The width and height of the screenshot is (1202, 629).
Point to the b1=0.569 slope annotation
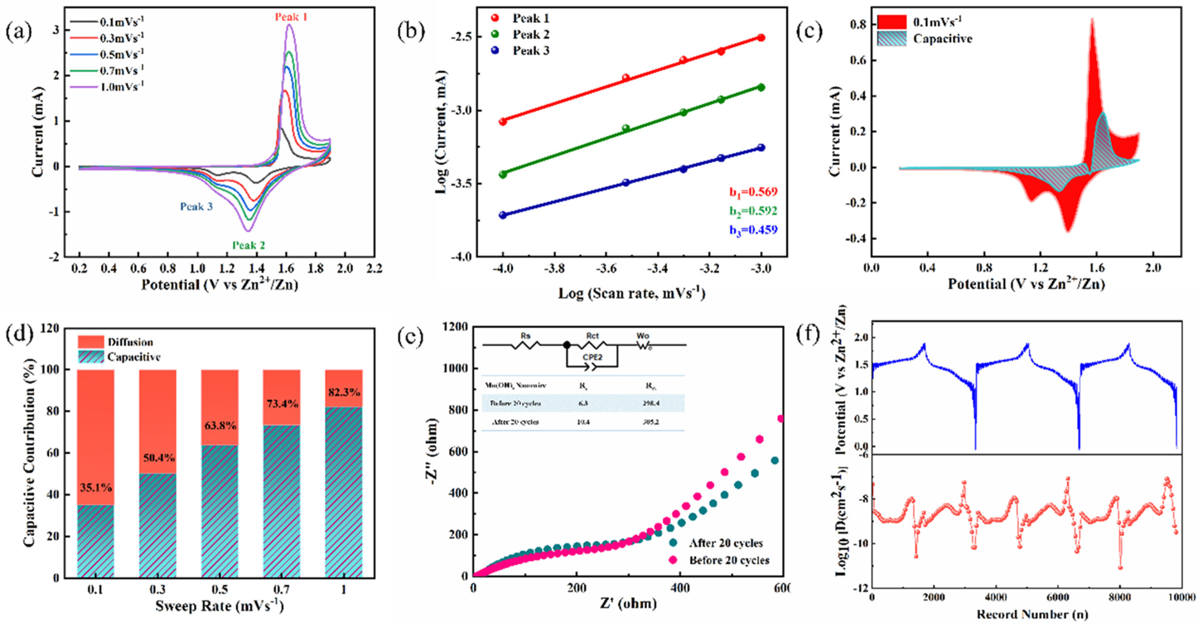coord(753,192)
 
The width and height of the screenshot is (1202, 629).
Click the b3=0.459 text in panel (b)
coord(753,230)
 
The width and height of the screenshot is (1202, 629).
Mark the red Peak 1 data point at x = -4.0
coord(503,121)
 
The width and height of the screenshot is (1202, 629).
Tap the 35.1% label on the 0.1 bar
coord(96,488)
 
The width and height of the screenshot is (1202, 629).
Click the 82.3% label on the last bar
coord(344,392)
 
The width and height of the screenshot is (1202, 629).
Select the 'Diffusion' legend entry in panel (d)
coord(130,342)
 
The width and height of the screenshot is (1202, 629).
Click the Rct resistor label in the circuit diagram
coord(592,336)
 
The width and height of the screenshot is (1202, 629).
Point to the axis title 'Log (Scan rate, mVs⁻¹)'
coord(631,294)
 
